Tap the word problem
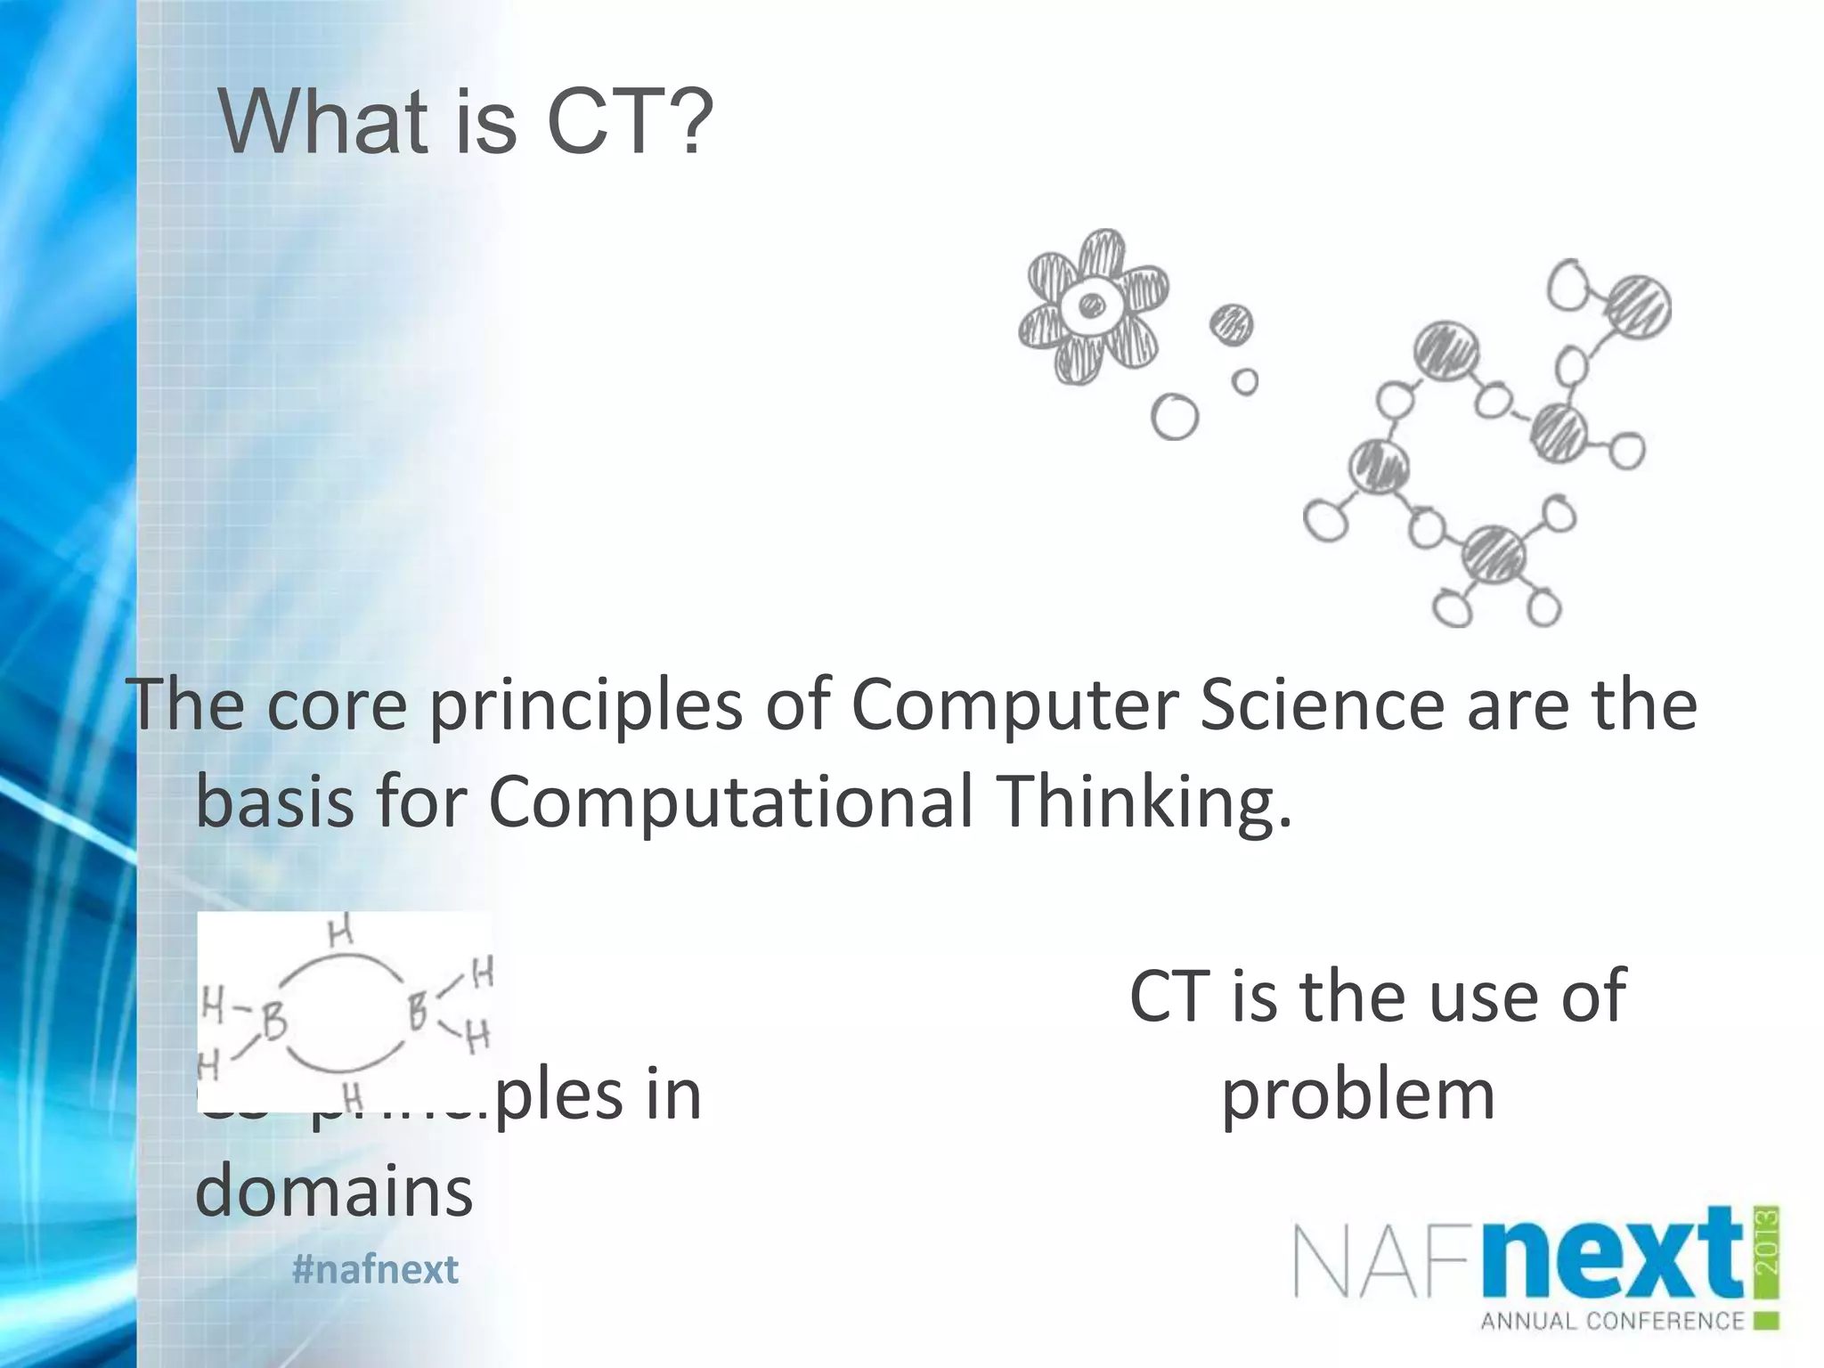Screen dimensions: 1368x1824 1357,1095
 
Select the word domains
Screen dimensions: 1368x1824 334,1192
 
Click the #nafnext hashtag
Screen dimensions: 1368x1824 375,1269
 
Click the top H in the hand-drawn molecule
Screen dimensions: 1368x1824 340,932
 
